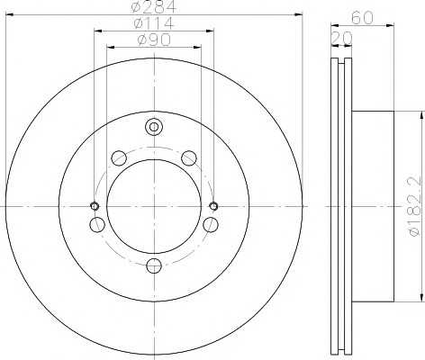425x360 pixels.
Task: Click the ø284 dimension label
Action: pyautogui.click(x=154, y=6)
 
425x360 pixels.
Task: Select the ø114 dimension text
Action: pyautogui.click(x=154, y=23)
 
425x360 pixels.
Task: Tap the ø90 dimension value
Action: pyautogui.click(x=154, y=40)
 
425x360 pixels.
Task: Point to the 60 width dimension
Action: pyautogui.click(x=362, y=18)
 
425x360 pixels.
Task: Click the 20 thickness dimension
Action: pyautogui.click(x=341, y=38)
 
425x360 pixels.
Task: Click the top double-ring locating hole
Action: pyautogui.click(x=154, y=127)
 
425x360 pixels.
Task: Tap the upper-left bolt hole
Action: pyautogui.click(x=119, y=158)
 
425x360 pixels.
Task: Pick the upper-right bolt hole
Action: pyautogui.click(x=189, y=158)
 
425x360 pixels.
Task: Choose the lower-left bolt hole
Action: pyautogui.click(x=97, y=225)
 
